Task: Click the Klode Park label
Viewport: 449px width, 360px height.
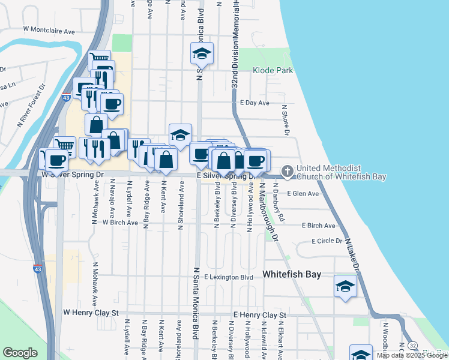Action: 273,70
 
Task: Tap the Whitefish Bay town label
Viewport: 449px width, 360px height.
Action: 292,274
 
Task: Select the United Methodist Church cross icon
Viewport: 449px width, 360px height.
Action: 287,172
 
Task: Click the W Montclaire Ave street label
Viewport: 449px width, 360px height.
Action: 49,29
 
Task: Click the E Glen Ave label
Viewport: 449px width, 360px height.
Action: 303,194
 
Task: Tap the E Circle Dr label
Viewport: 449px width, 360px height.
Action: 327,241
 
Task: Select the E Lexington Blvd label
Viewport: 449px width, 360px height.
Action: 229,277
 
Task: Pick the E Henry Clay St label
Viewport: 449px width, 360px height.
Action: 261,314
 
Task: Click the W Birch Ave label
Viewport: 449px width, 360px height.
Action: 121,222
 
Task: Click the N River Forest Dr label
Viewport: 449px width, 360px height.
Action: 32,106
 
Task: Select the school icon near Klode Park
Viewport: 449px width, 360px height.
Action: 202,55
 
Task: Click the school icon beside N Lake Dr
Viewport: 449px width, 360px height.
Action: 346,286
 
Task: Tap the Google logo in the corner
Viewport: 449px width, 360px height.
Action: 20,353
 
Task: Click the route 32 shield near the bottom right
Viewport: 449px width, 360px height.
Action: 412,346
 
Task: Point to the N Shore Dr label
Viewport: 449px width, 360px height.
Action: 286,120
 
